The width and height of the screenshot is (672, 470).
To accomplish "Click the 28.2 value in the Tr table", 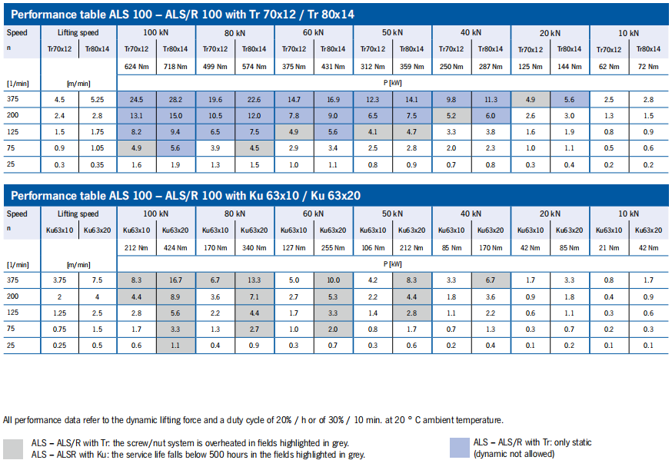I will click(175, 100).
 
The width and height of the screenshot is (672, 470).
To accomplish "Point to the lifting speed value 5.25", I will click(96, 100).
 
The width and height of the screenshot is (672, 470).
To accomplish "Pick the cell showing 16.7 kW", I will click(175, 282).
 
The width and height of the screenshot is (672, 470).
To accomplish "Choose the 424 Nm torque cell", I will click(175, 248).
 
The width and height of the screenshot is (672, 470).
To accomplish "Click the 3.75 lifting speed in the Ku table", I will click(58, 282).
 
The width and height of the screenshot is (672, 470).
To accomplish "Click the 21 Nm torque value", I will click(609, 248).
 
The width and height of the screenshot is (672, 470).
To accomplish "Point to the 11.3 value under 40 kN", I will click(491, 100).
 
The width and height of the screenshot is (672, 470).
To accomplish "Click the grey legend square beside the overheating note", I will click(13, 448).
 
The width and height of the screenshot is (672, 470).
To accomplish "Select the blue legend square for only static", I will click(459, 447).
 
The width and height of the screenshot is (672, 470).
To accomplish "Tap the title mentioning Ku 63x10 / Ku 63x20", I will click(185, 196).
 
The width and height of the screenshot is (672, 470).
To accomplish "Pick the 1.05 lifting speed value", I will click(96, 148).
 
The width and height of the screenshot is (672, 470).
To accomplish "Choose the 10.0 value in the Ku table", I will click(333, 282).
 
